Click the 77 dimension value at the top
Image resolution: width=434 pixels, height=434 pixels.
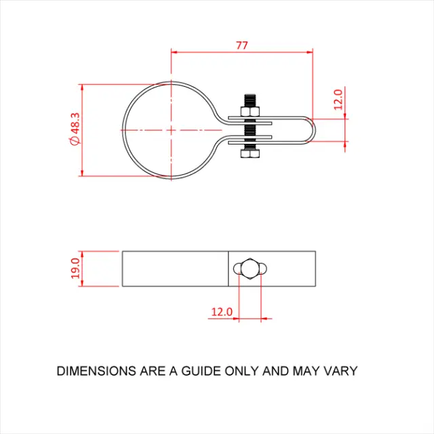(x=242, y=45)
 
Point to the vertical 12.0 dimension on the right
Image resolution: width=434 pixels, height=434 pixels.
(x=338, y=101)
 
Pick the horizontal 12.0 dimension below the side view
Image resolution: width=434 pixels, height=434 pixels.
(x=222, y=312)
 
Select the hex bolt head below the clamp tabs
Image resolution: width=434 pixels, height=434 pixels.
(x=250, y=154)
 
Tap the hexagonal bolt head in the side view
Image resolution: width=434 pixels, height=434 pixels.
(x=250, y=268)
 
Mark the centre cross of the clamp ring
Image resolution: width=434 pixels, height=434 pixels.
(x=171, y=129)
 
